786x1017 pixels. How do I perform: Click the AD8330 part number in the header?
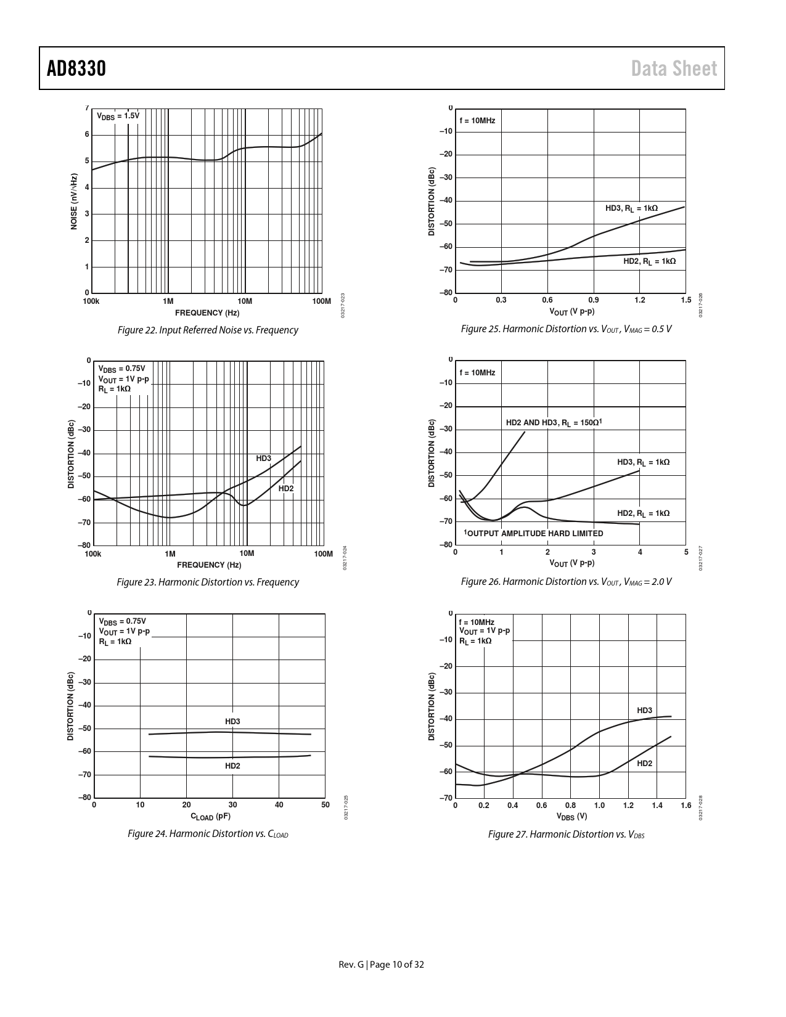76,68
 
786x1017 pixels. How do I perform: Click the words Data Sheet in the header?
674,68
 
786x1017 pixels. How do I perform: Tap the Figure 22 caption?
207,330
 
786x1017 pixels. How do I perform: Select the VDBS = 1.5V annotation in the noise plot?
118,116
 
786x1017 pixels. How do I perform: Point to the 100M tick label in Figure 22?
322,301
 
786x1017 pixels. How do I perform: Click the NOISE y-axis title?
74,202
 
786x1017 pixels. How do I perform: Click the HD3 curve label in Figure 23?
264,458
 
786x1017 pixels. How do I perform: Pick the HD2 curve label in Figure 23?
286,489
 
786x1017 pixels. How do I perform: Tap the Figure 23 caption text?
207,582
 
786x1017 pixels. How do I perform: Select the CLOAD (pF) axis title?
210,817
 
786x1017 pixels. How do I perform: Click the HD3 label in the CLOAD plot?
232,721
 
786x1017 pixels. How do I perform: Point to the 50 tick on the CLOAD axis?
325,805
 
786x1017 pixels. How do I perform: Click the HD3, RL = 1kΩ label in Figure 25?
631,208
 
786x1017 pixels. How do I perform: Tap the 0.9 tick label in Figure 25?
594,300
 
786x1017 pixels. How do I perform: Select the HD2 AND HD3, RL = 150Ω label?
554,423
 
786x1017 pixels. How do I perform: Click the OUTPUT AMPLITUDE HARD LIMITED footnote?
533,533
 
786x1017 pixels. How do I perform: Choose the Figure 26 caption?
566,582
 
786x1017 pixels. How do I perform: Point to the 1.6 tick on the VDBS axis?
686,806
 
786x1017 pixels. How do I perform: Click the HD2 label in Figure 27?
645,763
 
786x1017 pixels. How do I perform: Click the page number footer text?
382,964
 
